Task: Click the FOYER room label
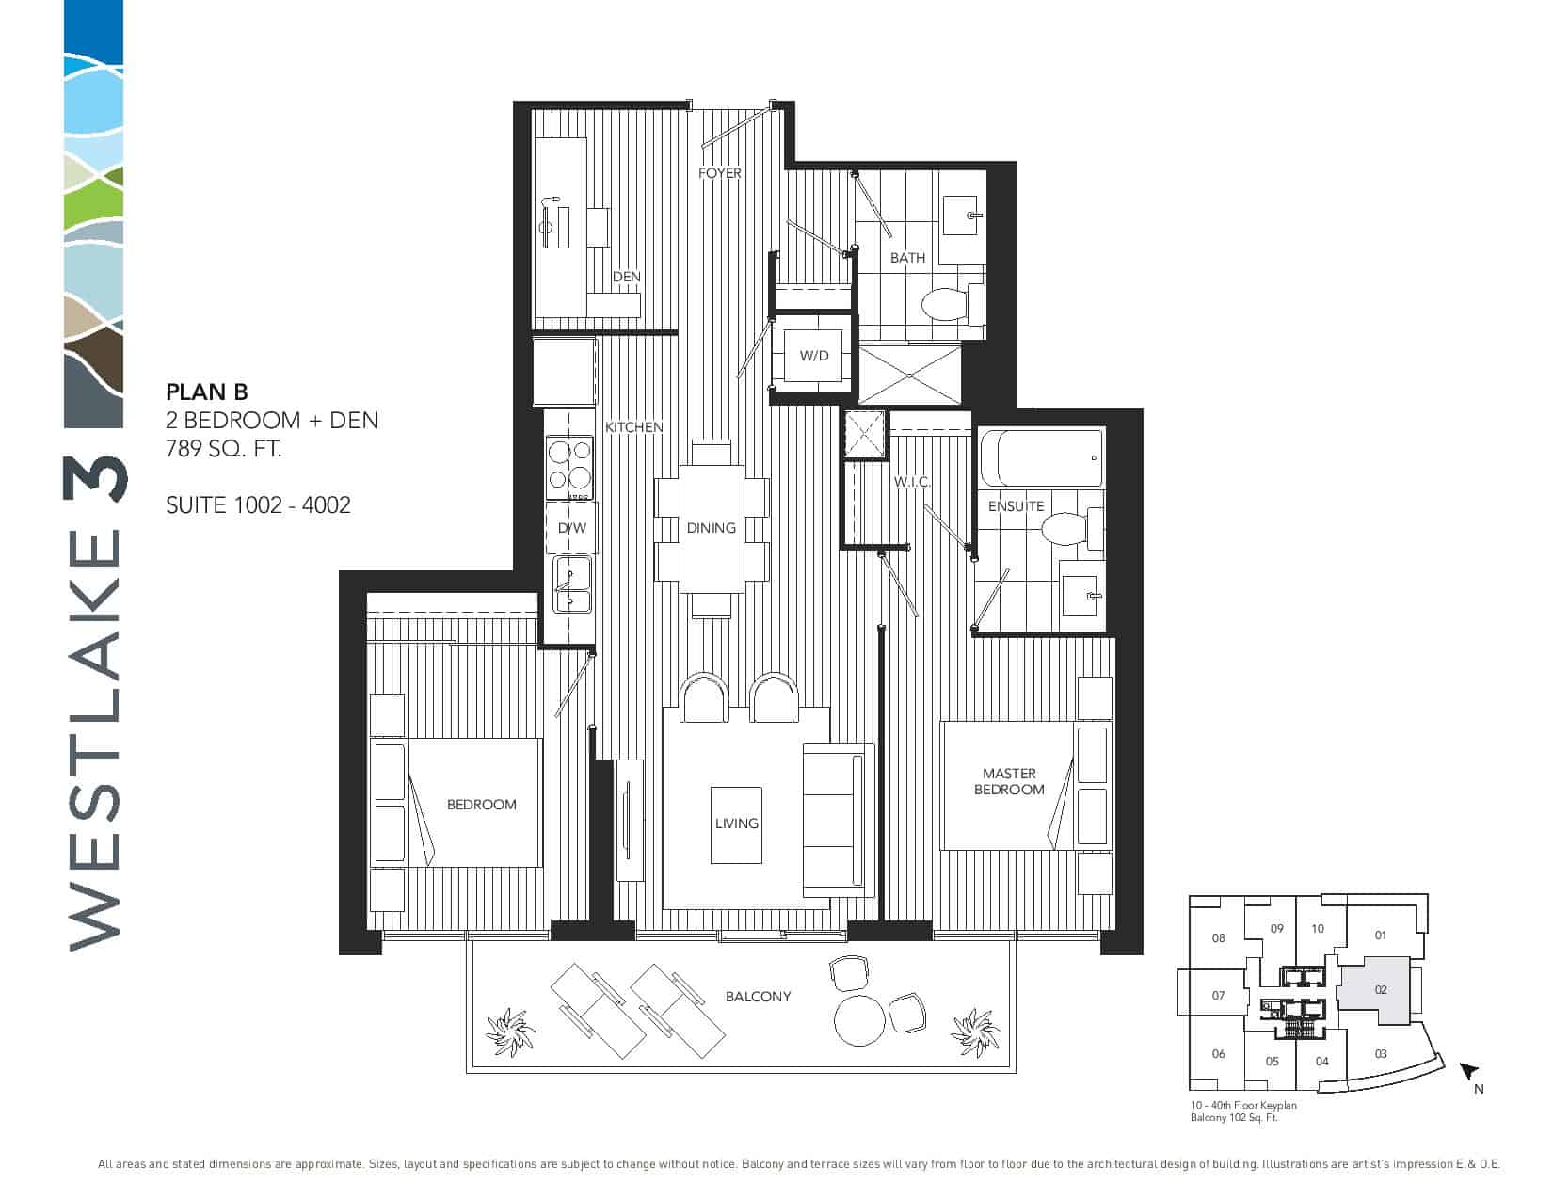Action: click(719, 174)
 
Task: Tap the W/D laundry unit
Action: click(813, 356)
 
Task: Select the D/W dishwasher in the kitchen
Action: click(571, 528)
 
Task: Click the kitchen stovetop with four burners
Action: click(569, 468)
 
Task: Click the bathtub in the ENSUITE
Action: click(1042, 457)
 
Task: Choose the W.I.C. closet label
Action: click(911, 483)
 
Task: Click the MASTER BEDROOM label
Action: click(1008, 781)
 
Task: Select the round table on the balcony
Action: click(859, 1020)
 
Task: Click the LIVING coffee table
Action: click(736, 824)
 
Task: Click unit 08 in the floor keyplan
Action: click(1218, 937)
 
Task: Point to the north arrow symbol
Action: click(1468, 1071)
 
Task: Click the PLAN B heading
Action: click(206, 392)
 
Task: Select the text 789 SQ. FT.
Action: click(224, 449)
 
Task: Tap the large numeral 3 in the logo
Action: click(95, 479)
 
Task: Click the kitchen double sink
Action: click(571, 584)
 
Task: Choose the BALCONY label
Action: click(758, 997)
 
